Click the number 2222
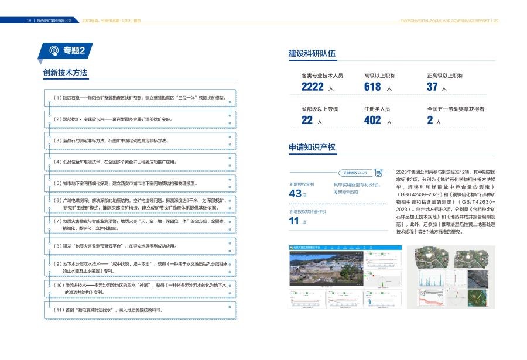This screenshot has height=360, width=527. [312, 87]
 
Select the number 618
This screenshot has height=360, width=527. [372, 87]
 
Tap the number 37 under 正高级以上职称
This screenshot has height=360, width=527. [432, 87]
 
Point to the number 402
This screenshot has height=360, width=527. [372, 120]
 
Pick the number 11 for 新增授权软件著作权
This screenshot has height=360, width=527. [294, 221]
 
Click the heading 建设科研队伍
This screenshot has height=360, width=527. [312, 54]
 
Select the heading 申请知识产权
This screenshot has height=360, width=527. [312, 147]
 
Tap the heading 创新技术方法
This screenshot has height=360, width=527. [65, 73]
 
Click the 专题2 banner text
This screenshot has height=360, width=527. [74, 51]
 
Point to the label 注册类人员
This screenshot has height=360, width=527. [377, 109]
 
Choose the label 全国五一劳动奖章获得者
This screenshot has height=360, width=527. [456, 109]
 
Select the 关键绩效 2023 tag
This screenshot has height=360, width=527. [354, 173]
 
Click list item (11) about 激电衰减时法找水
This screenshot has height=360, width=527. [108, 310]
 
